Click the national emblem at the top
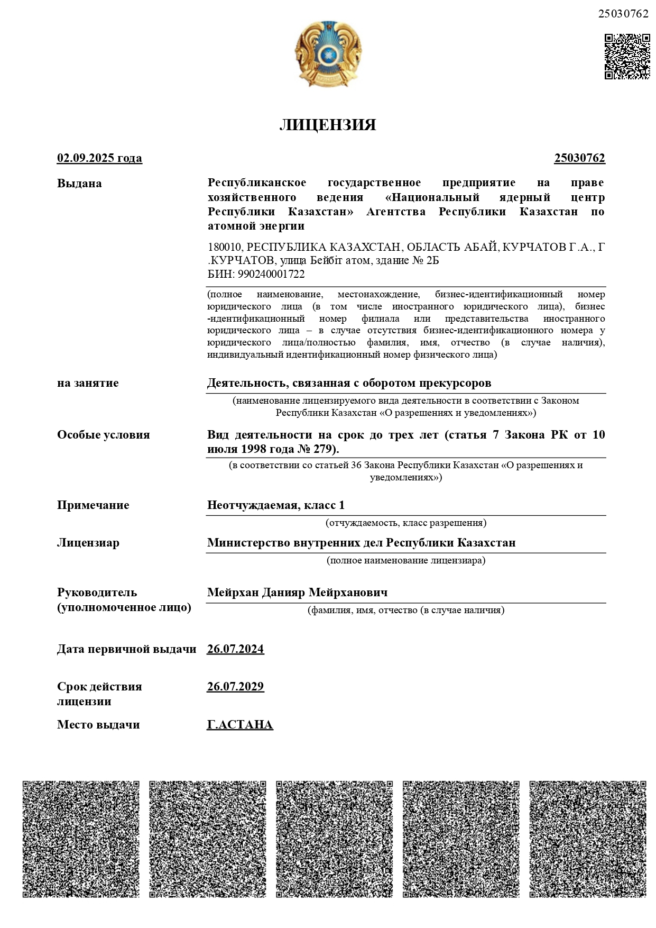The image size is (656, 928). [328, 54]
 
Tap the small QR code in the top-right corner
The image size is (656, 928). [627, 57]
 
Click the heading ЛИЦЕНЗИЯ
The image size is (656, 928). [328, 125]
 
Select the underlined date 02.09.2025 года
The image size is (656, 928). [99, 158]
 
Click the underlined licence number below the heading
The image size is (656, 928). [579, 158]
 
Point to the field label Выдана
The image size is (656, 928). [79, 184]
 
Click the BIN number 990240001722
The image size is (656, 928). [271, 274]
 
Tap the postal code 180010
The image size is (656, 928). [225, 247]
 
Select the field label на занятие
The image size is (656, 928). [88, 383]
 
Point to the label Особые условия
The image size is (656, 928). [104, 435]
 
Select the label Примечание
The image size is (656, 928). [93, 505]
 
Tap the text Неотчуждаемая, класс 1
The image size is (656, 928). [276, 505]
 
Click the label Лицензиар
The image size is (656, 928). [88, 543]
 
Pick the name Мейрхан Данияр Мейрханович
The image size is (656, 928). [298, 593]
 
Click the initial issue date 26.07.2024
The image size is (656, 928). [235, 649]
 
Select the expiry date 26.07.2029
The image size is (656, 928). [235, 687]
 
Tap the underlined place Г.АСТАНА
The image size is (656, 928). [240, 725]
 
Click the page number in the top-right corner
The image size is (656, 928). [623, 14]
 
